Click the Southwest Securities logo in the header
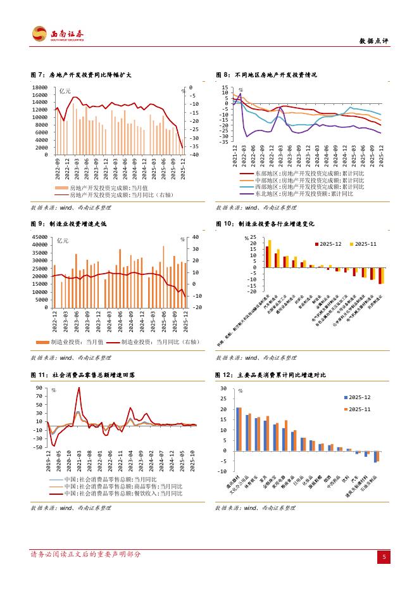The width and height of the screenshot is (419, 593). pos(57,34)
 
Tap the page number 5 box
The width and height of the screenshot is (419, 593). pos(383,557)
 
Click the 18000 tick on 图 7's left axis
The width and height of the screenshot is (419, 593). pos(40,87)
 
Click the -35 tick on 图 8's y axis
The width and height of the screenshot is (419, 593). pos(224,142)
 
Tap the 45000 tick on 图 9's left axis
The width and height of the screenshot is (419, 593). pos(39,237)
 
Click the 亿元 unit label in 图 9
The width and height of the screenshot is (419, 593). pos(63,240)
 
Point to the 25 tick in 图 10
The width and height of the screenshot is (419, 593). pos(253,237)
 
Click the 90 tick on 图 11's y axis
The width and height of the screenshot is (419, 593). pos(40,387)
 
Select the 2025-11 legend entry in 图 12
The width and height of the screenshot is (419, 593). pos(359,409)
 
